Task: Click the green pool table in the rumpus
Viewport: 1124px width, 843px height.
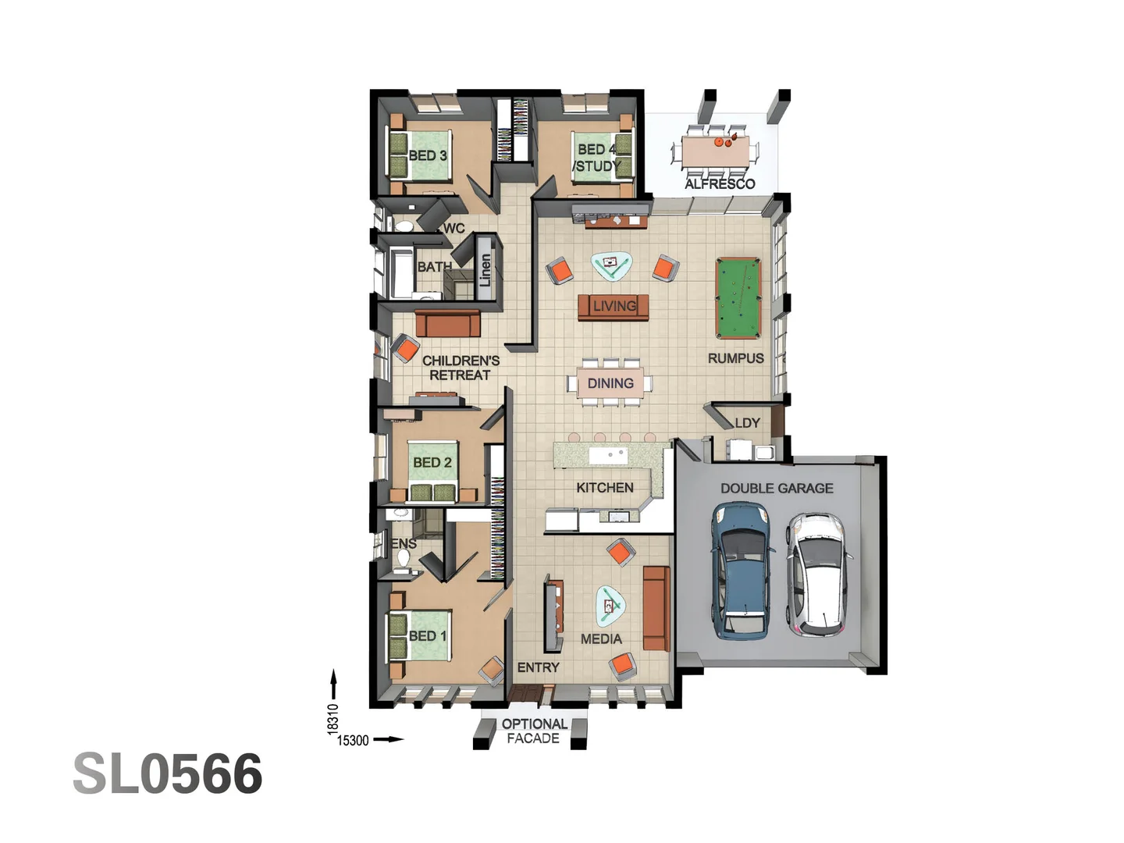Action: coord(738,298)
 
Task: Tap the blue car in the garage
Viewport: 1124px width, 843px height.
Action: coord(741,569)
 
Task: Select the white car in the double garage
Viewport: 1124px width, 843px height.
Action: coord(818,574)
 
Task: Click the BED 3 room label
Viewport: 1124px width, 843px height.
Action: coord(428,155)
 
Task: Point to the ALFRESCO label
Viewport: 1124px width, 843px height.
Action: coord(720,184)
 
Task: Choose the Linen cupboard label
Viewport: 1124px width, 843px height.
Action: coord(486,269)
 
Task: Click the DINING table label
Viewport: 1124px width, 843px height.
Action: coord(610,383)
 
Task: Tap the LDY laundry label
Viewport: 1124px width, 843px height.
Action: coord(747,423)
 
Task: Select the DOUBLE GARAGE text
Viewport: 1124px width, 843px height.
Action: coord(777,489)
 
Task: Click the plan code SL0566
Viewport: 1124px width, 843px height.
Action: coord(168,774)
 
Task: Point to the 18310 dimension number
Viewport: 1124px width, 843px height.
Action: coord(333,719)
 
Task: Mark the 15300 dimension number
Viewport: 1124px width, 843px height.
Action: coord(353,740)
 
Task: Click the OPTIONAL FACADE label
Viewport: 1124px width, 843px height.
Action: coord(534,731)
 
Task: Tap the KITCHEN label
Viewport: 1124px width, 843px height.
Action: coord(605,488)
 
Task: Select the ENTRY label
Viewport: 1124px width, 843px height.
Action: coord(539,667)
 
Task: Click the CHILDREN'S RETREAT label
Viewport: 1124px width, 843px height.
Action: coord(461,368)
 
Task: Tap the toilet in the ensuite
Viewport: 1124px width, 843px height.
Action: coord(404,559)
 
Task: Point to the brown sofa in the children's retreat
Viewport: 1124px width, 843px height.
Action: coord(448,323)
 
